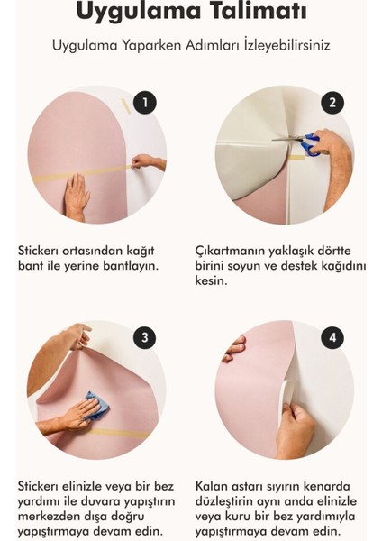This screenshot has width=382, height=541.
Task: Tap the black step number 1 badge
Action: (144, 103)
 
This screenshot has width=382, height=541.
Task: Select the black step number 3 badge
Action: (144, 338)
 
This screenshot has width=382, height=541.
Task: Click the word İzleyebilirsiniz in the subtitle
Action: (280, 45)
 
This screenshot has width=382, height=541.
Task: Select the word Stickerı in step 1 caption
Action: (42, 249)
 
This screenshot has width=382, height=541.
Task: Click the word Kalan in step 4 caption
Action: (213, 485)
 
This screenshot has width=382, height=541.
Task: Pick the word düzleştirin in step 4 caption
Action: (229, 501)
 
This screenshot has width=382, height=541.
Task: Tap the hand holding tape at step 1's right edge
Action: (150, 162)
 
